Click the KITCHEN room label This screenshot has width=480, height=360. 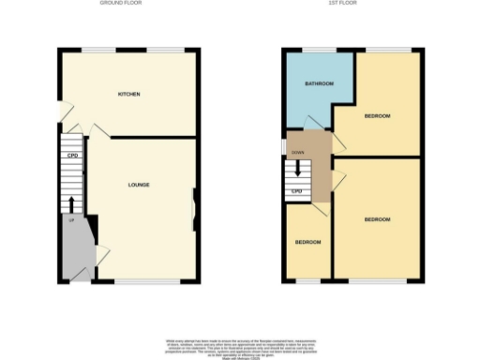tap(128, 95)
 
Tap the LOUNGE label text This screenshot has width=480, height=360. tap(139, 184)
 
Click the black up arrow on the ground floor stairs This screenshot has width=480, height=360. tap(71, 203)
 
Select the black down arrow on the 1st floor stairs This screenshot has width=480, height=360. tap(297, 170)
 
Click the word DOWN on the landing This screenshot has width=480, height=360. tap(298, 151)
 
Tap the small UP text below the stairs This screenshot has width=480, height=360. tap(69, 220)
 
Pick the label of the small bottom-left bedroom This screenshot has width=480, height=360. tap(307, 242)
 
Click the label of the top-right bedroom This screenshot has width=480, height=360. tap(377, 115)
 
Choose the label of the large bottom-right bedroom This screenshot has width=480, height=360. tap(377, 219)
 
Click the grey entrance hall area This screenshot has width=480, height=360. tap(75, 248)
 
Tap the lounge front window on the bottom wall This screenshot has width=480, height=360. tap(147, 281)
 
